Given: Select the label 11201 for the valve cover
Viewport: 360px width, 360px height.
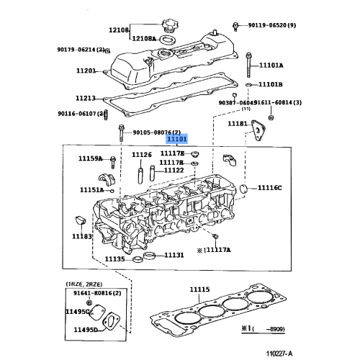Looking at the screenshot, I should (86, 71).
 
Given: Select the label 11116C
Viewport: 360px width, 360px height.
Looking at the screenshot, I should (271, 189).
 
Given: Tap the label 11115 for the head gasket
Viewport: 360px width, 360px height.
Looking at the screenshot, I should (200, 289).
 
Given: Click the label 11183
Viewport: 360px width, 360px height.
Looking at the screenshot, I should (81, 235).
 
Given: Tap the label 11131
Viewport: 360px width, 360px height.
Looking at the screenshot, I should (173, 255).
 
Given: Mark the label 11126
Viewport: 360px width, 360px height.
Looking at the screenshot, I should (142, 155).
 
